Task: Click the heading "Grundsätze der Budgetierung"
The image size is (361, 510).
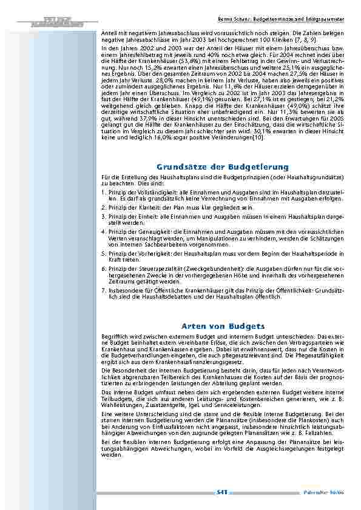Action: pos(222,167)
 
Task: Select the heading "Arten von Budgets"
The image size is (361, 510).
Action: pos(222,325)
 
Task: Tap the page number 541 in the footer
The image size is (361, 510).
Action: pos(221,493)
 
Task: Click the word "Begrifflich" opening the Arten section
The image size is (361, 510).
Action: pos(113,335)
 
